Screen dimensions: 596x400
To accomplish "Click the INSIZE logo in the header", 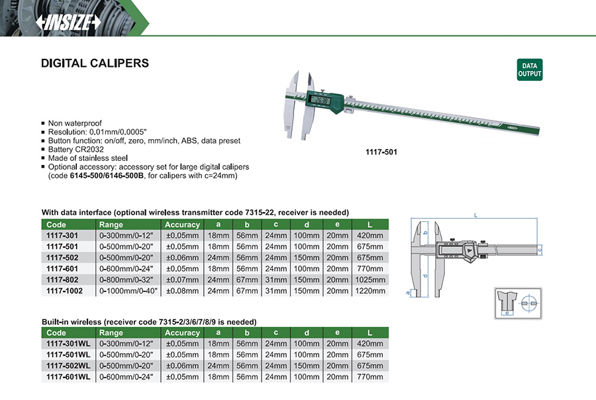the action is click(x=68, y=23).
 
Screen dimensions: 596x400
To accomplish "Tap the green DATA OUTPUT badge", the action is click(x=530, y=70).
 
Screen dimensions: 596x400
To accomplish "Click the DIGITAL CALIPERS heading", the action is click(x=95, y=63).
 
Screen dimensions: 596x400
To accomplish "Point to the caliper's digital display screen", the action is click(x=319, y=101).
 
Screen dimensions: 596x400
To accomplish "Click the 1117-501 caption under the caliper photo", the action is click(x=381, y=152).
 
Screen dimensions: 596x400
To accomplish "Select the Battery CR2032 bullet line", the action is click(x=75, y=150).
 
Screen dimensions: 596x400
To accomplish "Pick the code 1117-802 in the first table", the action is click(x=62, y=280).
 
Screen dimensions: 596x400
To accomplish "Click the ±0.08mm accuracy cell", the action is click(x=183, y=291).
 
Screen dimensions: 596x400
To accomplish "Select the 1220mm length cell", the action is click(x=370, y=291).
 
